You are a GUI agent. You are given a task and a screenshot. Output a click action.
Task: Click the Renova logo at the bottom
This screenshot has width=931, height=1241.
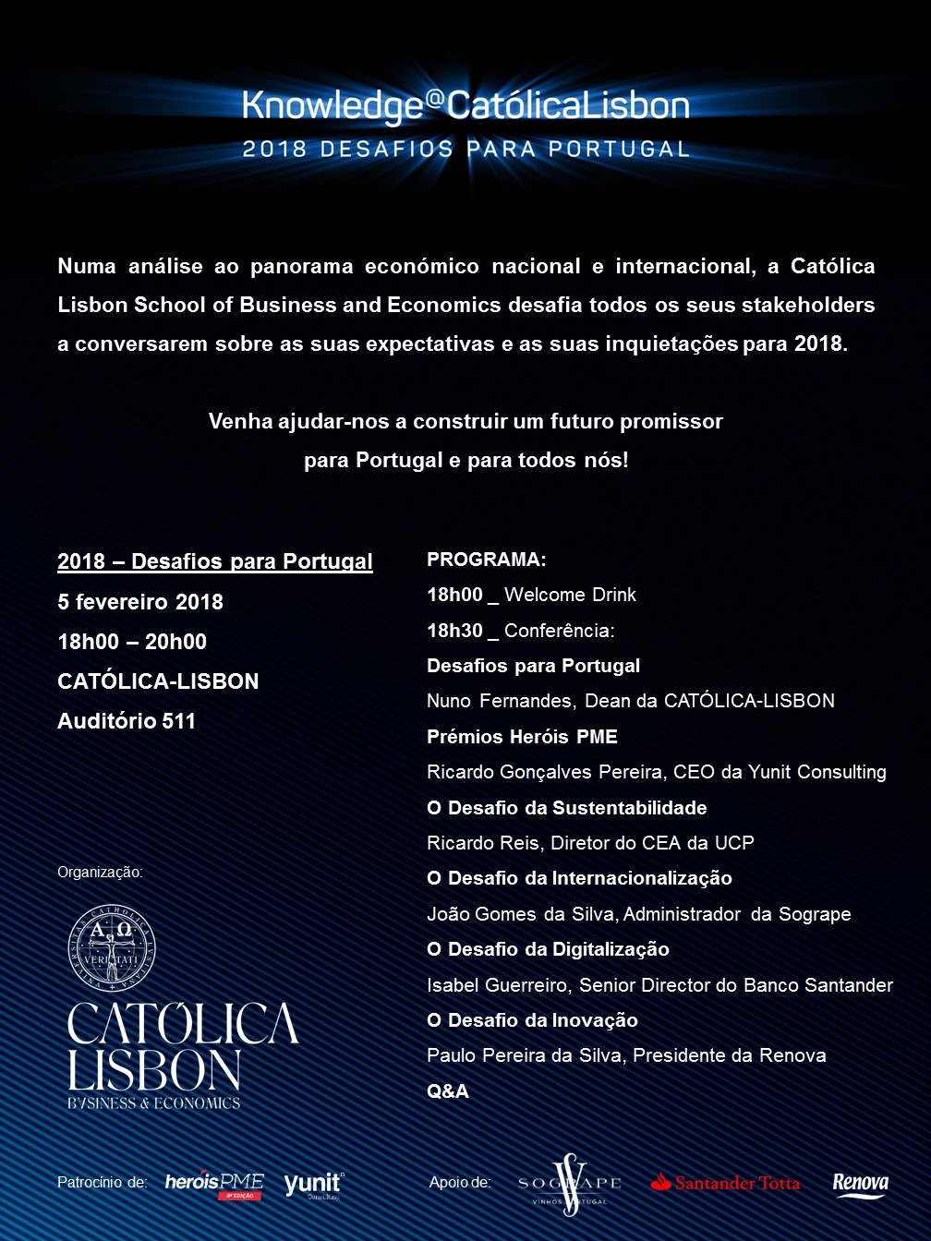[x=860, y=1185]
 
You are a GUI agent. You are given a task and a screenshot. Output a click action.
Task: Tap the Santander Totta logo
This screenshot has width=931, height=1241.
[x=725, y=1183]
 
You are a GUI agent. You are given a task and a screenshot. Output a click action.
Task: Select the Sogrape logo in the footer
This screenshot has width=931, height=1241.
[x=569, y=1184]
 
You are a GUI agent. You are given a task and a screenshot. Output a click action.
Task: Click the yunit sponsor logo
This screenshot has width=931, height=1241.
[x=313, y=1184]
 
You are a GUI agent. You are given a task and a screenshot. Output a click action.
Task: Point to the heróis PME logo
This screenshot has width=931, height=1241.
[x=214, y=1184]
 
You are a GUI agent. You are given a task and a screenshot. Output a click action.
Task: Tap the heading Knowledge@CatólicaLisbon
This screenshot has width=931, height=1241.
[x=465, y=105]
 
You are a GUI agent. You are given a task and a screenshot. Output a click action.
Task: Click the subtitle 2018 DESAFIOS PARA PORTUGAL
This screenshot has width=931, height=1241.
[x=465, y=150]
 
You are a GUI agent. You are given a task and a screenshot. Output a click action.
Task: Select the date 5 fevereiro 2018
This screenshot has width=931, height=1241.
[x=140, y=602]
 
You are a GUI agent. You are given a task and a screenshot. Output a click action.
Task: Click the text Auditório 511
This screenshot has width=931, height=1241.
[x=127, y=721]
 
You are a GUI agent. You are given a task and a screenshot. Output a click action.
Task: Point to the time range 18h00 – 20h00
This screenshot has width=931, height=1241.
[x=132, y=642]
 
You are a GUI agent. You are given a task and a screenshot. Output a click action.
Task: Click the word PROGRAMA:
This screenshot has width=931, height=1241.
[x=487, y=560]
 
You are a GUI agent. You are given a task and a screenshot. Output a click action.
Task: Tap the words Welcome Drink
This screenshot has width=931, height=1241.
[x=570, y=595]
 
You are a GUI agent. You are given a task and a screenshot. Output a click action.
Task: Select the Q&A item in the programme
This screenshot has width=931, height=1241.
[x=448, y=1091]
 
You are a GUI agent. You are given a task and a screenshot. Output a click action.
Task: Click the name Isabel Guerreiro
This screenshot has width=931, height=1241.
[x=498, y=985]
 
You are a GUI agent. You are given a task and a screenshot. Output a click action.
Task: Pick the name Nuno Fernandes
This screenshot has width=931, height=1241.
[x=500, y=701]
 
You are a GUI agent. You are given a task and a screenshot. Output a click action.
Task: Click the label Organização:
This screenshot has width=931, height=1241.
[x=100, y=873]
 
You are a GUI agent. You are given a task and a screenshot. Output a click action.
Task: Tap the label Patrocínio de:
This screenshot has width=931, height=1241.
[x=103, y=1183]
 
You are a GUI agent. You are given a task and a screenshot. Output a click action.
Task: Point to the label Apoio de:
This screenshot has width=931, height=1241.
[x=460, y=1183]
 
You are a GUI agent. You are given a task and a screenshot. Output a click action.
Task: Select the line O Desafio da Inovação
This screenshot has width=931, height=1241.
[x=532, y=1020]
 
